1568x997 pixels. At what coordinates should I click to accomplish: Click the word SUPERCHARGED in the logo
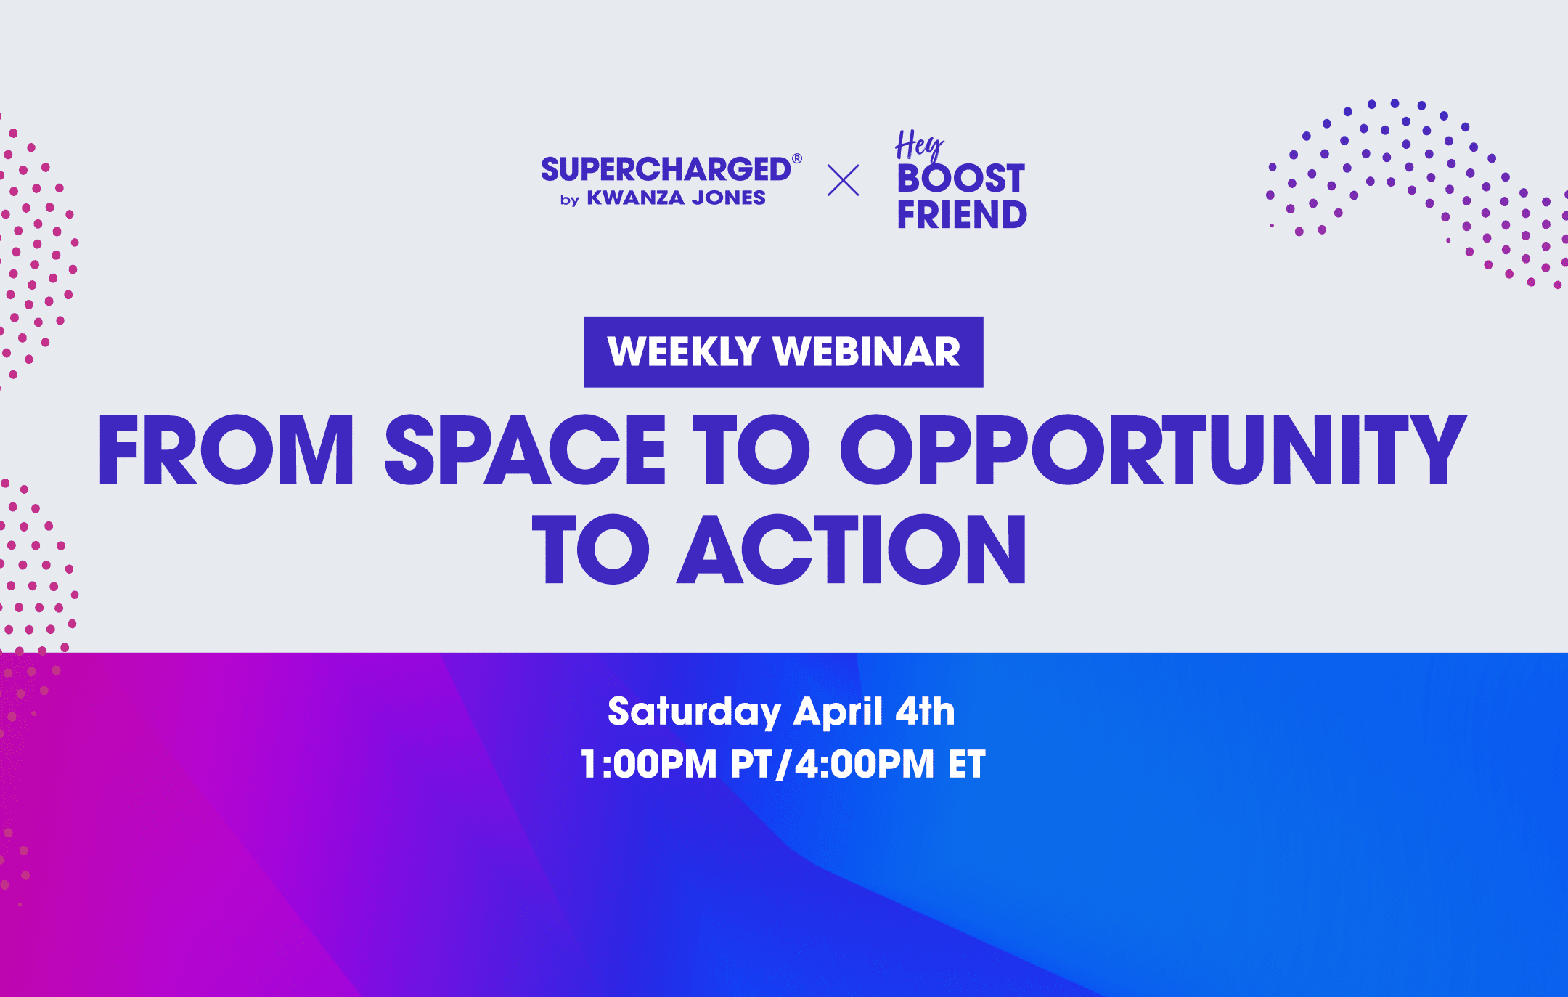click(x=666, y=169)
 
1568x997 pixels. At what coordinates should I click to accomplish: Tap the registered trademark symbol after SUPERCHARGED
click(x=797, y=158)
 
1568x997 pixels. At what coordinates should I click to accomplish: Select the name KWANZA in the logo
click(x=635, y=198)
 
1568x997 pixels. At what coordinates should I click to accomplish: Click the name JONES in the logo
click(x=728, y=198)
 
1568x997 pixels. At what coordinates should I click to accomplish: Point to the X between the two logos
click(x=843, y=180)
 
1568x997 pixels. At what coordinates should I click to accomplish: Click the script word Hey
click(x=920, y=145)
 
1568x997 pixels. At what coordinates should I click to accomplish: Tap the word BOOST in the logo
click(x=961, y=179)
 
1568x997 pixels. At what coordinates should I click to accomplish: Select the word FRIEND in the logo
click(x=962, y=214)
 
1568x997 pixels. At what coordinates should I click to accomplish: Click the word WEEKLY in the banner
click(x=683, y=351)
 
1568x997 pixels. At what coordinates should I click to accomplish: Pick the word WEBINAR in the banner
click(x=867, y=351)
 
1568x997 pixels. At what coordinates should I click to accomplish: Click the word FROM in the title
click(x=226, y=449)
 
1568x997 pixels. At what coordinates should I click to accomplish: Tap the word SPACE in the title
click(x=525, y=449)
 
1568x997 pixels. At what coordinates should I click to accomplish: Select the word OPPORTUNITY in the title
click(x=1153, y=449)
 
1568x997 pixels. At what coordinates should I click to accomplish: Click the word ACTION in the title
click(x=852, y=548)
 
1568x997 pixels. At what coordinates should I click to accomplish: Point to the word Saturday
click(x=694, y=712)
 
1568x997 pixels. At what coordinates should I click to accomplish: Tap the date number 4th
click(x=926, y=711)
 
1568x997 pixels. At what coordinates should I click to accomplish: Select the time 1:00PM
click(x=648, y=764)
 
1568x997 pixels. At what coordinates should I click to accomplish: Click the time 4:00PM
click(x=865, y=764)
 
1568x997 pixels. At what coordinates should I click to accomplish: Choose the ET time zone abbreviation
click(x=967, y=764)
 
